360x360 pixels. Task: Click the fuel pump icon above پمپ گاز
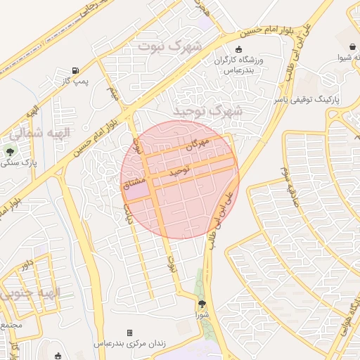[x=75, y=70]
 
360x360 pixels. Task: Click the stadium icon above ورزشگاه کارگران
[x=238, y=50]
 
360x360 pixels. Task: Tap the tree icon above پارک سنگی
[x=10, y=151]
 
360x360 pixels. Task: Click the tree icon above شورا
[x=202, y=304]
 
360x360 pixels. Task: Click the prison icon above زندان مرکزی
[x=129, y=333]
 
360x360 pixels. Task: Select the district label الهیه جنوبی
[x=32, y=292]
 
